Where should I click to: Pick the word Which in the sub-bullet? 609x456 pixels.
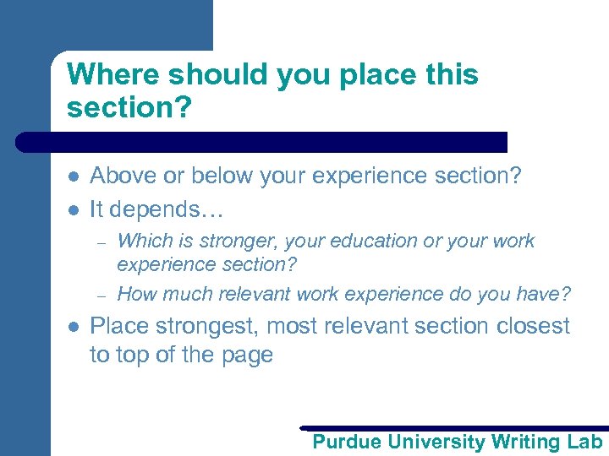pos(140,241)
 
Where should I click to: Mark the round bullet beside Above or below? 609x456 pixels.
pos(73,176)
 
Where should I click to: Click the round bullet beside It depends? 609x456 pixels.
pos(73,209)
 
